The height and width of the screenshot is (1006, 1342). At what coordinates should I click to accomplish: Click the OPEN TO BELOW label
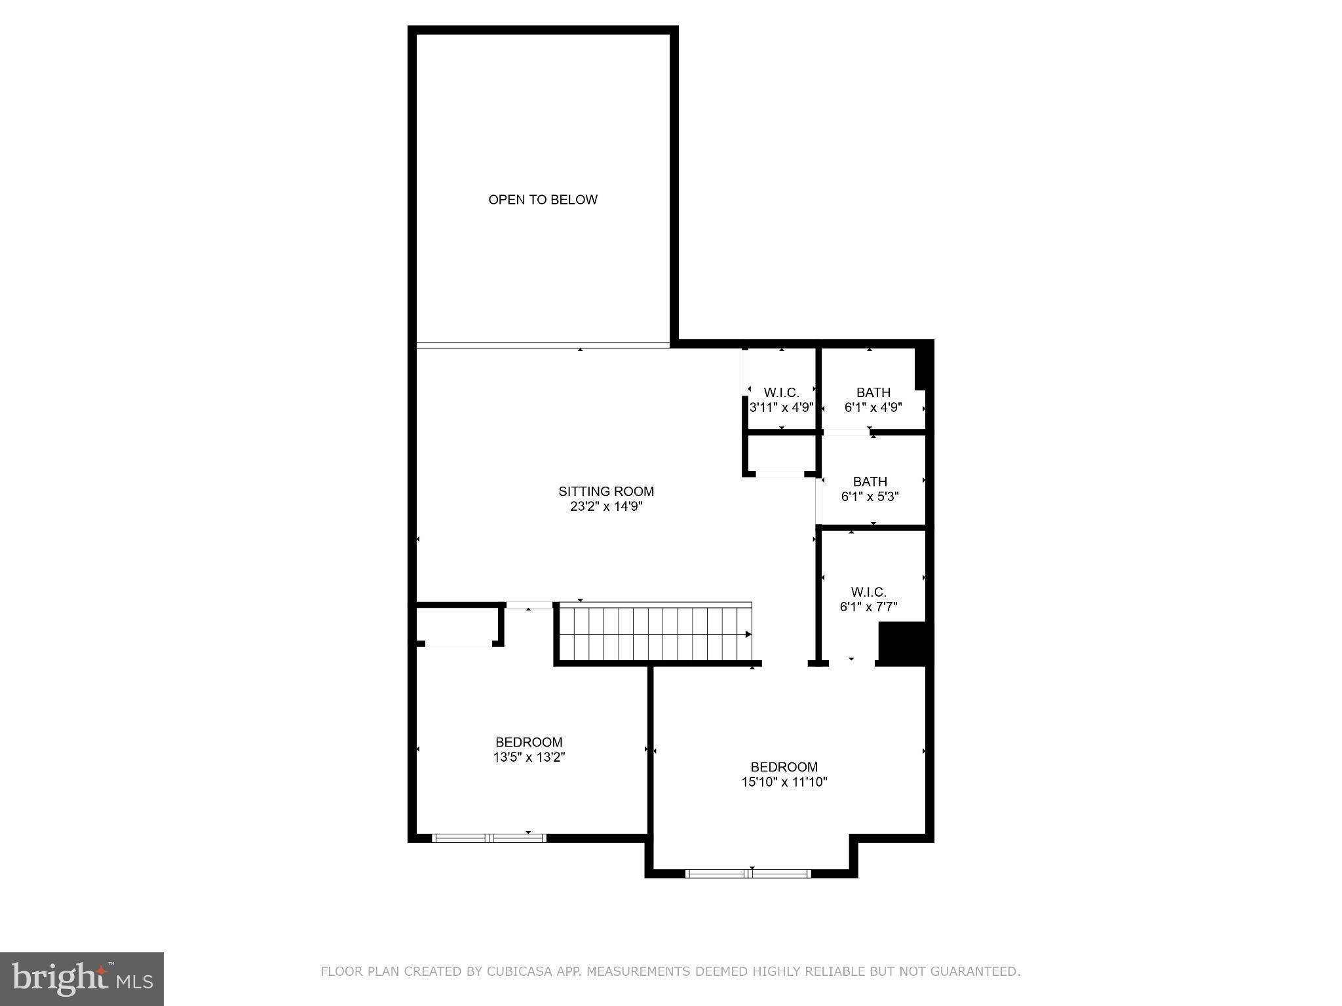pos(543,200)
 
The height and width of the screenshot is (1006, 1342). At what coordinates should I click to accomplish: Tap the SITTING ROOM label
pos(606,491)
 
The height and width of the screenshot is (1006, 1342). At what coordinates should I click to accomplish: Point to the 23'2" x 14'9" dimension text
pos(606,506)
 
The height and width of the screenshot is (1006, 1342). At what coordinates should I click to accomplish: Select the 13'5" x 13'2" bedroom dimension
pos(529,757)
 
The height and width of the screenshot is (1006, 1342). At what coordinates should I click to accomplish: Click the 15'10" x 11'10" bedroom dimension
pos(784,781)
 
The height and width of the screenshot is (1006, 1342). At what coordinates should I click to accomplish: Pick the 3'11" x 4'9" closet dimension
pos(782,407)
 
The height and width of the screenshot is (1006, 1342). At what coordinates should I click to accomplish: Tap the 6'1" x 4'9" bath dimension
pos(873,407)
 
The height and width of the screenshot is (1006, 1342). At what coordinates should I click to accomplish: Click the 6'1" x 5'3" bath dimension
pos(870,496)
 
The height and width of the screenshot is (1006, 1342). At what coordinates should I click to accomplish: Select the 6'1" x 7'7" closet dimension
pos(869,607)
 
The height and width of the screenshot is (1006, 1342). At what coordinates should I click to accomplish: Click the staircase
pos(654,634)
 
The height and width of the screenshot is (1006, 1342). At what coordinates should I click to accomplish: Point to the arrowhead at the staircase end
pos(748,634)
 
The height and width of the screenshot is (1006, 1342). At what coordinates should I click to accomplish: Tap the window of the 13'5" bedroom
pos(489,838)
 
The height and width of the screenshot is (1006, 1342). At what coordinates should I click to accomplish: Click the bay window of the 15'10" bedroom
pos(748,873)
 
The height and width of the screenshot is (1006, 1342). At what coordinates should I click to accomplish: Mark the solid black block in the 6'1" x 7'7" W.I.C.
pos(902,643)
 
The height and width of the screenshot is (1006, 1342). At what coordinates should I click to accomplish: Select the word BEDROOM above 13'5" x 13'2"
pos(529,742)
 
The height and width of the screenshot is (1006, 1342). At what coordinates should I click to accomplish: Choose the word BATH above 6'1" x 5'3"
pos(870,481)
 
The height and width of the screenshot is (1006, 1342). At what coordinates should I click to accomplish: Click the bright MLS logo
pos(82,979)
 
